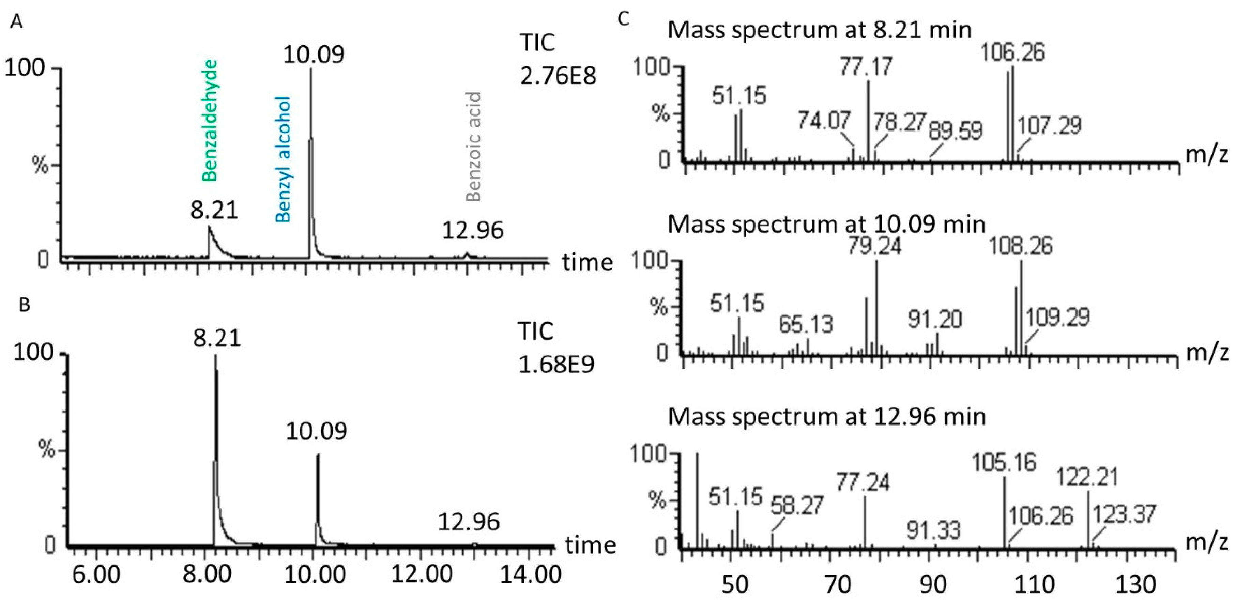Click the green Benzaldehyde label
pos(210,120)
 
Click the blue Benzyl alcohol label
pos(284,159)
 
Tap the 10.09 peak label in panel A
pos(313,54)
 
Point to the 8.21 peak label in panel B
pos(217,338)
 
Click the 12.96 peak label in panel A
pos(473,230)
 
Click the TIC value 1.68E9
pos(556,364)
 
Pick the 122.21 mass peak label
pos(1088,477)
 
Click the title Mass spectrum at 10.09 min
pos(826,224)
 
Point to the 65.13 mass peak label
pos(806,325)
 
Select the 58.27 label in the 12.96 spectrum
pos(797,506)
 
